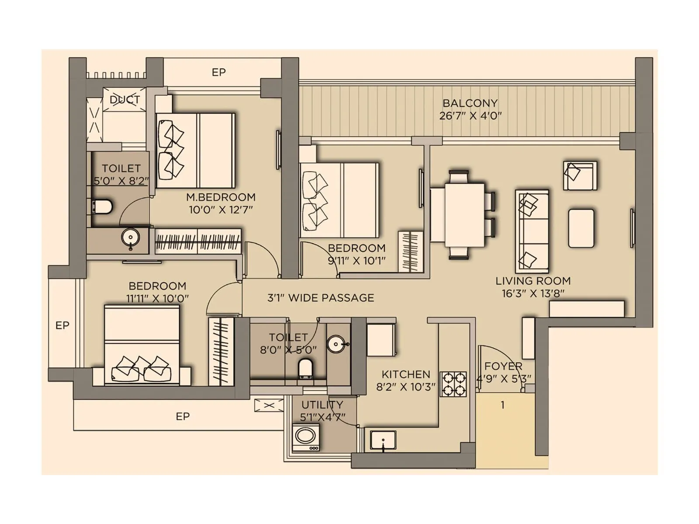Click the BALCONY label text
pos(470,103)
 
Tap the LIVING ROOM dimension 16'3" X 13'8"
pos(533,293)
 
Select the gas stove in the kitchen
pos(453,384)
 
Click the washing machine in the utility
pos(305,437)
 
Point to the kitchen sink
pos(383,440)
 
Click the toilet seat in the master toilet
pos(103,207)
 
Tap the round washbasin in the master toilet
pos(130,238)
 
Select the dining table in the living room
pos(464,214)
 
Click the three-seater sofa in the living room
pos(532,231)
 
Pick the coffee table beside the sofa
pos(581,228)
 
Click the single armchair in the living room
pos(580,176)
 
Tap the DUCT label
pos(125,100)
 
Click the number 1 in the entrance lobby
pos(502,405)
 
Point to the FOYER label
pos(503,366)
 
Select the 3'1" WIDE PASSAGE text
pos(321,298)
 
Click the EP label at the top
pos(218,72)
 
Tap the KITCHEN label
pos(406,374)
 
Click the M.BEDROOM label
pos(221,197)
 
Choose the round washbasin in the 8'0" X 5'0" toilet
pos(336,344)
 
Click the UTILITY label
pos(322,405)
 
